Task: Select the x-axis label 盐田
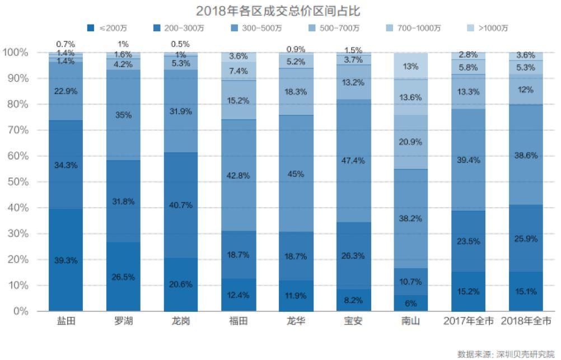click(66, 322)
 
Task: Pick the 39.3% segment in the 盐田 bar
click(66, 260)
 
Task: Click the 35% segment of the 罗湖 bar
click(123, 115)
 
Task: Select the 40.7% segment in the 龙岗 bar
click(181, 205)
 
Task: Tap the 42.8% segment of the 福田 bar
click(238, 175)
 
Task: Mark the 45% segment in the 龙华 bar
click(296, 174)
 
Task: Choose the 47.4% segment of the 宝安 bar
click(353, 161)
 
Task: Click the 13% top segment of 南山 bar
click(410, 66)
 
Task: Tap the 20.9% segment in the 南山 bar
click(410, 142)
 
